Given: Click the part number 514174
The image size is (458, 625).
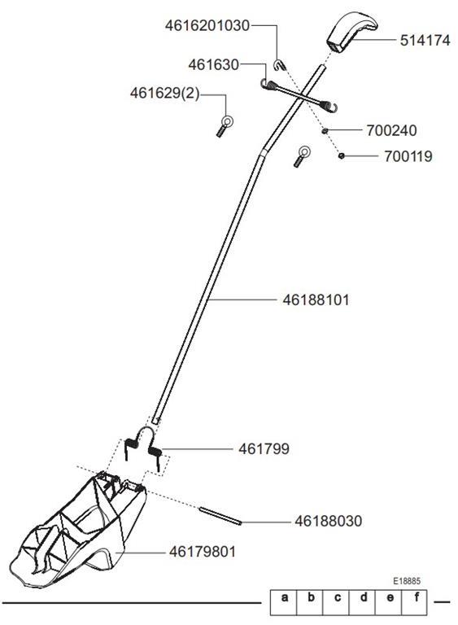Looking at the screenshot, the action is coord(425,40).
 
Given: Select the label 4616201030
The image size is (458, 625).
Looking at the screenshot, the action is coord(207,25).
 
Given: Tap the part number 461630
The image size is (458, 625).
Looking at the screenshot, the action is coord(213,64).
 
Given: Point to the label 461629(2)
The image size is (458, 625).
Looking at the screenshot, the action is coord(164,93).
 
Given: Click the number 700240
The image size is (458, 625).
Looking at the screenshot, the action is coord(391,130).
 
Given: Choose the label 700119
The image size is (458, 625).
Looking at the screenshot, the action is coord(408,156).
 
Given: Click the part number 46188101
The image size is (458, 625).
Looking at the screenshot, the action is coord(316,299).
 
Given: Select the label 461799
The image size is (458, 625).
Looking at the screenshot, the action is coord(264,449).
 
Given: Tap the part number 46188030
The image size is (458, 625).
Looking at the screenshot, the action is coord(329,521).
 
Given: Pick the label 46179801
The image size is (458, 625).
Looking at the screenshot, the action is coord(203,552).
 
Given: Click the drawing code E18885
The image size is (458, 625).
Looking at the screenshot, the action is coord(407,581).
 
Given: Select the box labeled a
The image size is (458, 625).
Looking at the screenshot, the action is coord(284,602).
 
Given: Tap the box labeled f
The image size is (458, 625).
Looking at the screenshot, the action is coord(415,602).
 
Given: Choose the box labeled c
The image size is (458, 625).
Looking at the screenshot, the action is coord(336,602).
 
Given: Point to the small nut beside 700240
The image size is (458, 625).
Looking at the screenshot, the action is coord(325,130).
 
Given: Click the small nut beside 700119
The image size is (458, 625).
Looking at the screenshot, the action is coord(341,156).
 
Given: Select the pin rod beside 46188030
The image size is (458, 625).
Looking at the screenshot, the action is coord(220,516).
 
